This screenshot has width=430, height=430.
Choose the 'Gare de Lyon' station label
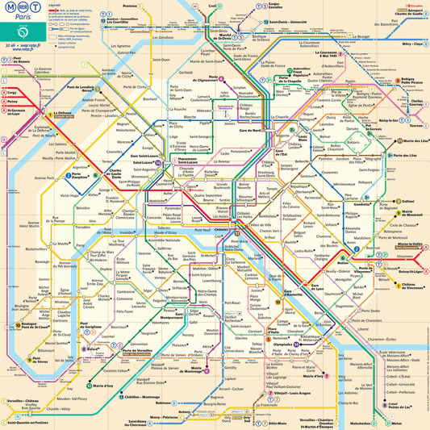point(320,288)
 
